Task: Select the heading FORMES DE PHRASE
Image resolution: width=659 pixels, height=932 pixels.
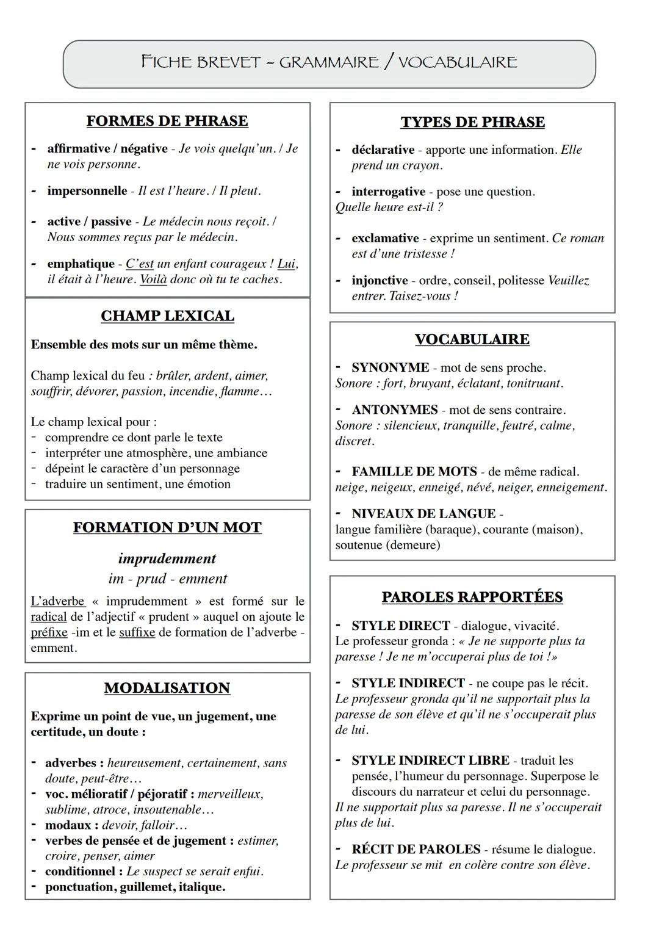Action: coord(167,121)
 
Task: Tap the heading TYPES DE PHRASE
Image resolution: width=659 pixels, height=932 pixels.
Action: coord(472,122)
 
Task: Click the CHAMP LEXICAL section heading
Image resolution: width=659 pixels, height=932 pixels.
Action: coord(167,316)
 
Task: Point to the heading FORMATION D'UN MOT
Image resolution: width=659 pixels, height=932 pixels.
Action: coord(167,527)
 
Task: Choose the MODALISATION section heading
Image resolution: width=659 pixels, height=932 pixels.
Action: coord(167,688)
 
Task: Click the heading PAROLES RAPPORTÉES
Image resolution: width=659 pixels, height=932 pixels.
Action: coord(472,597)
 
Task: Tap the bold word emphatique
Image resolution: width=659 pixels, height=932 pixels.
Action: coord(81,264)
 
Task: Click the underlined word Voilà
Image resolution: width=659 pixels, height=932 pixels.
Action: coord(153,280)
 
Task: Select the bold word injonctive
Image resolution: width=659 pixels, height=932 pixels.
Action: coord(380,281)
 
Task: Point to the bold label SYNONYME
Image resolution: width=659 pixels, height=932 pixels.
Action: coord(390,368)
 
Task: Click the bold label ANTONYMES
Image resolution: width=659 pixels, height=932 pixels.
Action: coord(394,410)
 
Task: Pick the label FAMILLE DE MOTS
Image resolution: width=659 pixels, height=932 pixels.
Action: coord(414,472)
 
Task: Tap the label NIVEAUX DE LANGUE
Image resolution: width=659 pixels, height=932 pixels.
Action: coord(423,514)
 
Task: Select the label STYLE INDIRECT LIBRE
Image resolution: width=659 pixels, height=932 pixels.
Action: coord(430,760)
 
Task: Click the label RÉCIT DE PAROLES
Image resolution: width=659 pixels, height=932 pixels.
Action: coord(416,850)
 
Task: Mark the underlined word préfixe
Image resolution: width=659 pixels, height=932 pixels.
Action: coord(49,633)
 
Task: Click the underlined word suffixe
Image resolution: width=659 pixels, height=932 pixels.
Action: coord(137,633)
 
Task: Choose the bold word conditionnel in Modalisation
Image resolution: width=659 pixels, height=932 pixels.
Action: coord(80,872)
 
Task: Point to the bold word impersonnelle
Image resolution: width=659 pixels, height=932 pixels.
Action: coord(87,191)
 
